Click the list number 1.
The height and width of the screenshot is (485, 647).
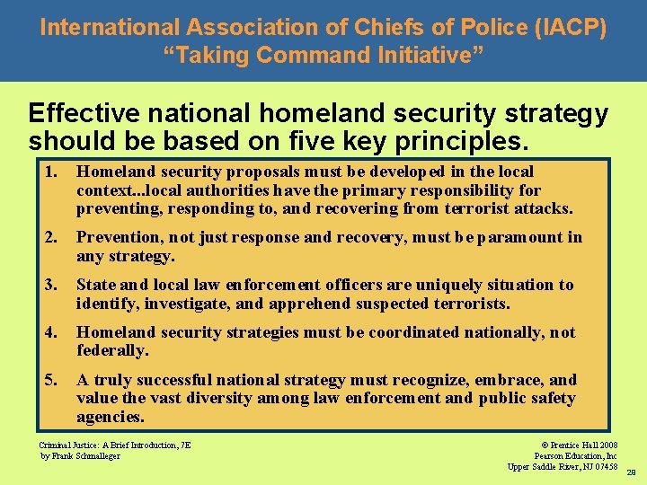[x=53, y=172]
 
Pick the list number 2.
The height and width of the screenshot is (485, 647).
[x=53, y=238]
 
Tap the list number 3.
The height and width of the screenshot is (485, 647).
[x=53, y=285]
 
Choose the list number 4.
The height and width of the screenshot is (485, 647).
[x=53, y=332]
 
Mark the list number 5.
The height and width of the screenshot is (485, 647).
[x=53, y=380]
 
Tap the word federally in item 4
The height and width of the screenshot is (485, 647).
[x=111, y=350]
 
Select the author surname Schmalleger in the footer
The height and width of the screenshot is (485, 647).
[x=96, y=455]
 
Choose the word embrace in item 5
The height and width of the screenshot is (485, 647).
[x=493, y=380]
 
